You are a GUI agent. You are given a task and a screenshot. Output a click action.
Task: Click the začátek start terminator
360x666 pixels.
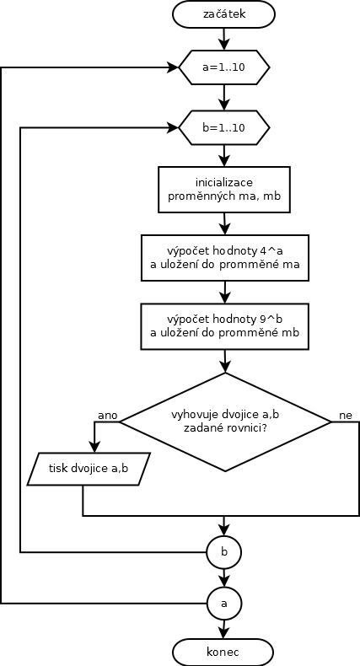pyautogui.click(x=223, y=14)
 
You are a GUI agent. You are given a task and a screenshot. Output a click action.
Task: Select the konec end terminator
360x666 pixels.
pyautogui.click(x=223, y=652)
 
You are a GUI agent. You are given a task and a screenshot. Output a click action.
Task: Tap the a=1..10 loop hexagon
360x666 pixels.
pyautogui.click(x=223, y=67)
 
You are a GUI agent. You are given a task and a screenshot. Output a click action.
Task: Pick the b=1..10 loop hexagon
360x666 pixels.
pyautogui.click(x=223, y=127)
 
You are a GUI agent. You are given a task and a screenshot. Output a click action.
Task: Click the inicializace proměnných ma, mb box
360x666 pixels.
pyautogui.click(x=224, y=190)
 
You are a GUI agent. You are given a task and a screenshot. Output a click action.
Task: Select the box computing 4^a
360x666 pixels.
pyautogui.click(x=224, y=258)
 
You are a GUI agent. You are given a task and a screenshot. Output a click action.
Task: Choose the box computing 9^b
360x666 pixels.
pyautogui.click(x=224, y=326)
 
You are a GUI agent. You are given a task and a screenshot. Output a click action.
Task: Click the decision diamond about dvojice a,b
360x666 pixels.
pyautogui.click(x=225, y=422)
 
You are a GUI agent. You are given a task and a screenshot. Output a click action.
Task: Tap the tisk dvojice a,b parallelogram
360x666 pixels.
pyautogui.click(x=89, y=469)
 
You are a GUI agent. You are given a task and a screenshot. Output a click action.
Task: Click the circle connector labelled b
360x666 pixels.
pyautogui.click(x=224, y=552)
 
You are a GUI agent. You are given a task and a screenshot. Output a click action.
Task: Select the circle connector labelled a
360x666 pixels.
pyautogui.click(x=224, y=603)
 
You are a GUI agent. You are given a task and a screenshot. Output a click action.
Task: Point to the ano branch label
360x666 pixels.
pyautogui.click(x=107, y=416)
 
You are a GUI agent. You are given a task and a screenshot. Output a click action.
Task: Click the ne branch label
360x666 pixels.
pyautogui.click(x=346, y=416)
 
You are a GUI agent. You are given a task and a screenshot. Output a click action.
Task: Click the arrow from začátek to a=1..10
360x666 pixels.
pyautogui.click(x=223, y=39)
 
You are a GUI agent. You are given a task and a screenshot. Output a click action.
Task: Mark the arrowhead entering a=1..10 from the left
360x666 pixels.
pyautogui.click(x=174, y=67)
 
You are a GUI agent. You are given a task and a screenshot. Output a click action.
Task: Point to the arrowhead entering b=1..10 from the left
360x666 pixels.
pyautogui.click(x=174, y=127)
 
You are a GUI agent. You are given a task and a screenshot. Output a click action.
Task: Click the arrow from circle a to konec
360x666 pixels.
pyautogui.click(x=223, y=629)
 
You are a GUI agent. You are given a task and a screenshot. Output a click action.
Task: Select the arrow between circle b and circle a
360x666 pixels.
pyautogui.click(x=223, y=577)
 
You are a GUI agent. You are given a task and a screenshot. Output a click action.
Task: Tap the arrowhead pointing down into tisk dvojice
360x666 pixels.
pyautogui.click(x=94, y=448)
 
